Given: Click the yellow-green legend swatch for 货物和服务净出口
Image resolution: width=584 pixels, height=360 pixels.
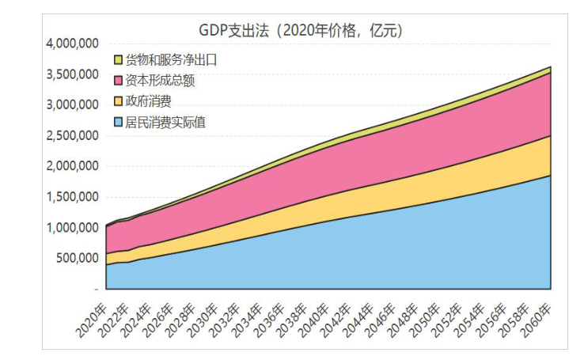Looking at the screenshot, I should point(119,60).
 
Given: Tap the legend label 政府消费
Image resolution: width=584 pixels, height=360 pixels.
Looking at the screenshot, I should point(149,101).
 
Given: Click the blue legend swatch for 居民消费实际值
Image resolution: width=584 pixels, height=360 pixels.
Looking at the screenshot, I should point(119,122).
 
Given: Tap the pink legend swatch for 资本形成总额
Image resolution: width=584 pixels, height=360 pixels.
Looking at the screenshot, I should point(119,81).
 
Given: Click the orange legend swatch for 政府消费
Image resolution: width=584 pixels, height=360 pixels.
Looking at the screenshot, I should point(119,101).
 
